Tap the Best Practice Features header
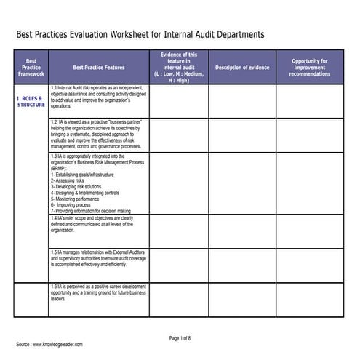99,67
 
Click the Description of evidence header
242,67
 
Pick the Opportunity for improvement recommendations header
309,67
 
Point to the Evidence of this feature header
178,67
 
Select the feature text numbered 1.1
98,96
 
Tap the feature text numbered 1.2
98,134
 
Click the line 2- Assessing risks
72,180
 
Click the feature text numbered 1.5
98,258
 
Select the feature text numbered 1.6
98,292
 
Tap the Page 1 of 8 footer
180,338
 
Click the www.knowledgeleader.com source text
57,345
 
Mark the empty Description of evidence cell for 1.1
242,101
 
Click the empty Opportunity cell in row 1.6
309,300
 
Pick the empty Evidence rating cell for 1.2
178,135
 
